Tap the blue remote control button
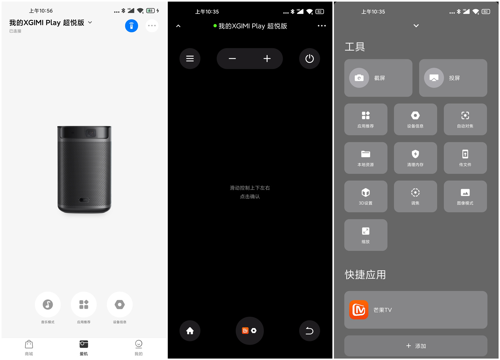click(131, 26)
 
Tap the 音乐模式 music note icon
click(48, 304)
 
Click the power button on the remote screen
click(309, 58)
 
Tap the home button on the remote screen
click(190, 331)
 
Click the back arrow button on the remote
click(309, 331)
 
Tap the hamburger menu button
click(190, 58)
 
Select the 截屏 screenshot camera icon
click(359, 78)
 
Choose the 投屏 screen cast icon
click(434, 78)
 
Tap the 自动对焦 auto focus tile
click(465, 119)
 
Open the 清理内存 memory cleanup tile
click(415, 158)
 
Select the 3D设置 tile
click(366, 197)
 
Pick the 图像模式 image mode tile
click(465, 197)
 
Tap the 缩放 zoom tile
click(366, 235)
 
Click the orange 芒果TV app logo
click(359, 310)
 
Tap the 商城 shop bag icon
click(29, 344)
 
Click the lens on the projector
click(90, 133)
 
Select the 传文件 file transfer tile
click(465, 158)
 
